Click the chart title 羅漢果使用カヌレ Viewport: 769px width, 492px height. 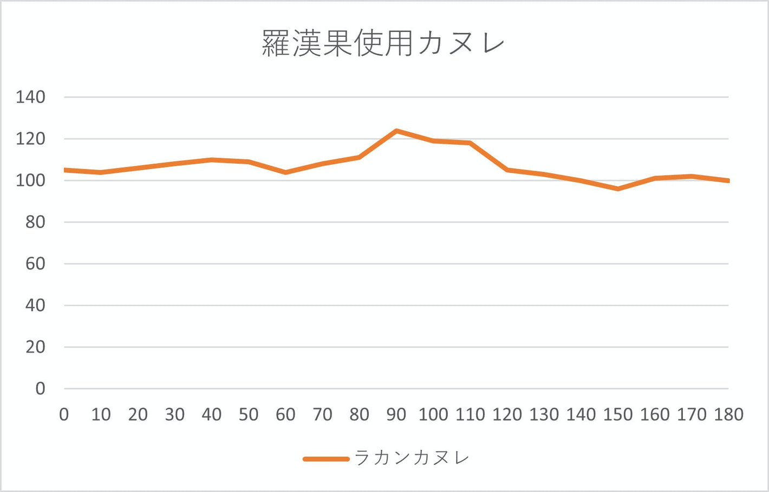click(x=383, y=43)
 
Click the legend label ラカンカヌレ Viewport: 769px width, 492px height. click(x=412, y=458)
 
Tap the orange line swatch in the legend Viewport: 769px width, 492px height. click(x=326, y=459)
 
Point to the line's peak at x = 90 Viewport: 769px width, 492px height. click(x=396, y=131)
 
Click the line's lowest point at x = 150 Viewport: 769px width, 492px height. click(x=618, y=189)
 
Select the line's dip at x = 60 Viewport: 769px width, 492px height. click(x=285, y=172)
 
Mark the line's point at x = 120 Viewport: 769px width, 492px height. click(x=507, y=170)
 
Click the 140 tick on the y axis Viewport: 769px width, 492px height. click(x=30, y=98)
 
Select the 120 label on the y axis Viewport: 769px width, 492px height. click(x=30, y=139)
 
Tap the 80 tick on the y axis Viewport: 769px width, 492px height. click(x=35, y=222)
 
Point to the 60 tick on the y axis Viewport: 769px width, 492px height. click(x=35, y=264)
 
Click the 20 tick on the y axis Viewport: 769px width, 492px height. click(x=35, y=347)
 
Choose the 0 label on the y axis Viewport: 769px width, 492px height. click(x=40, y=389)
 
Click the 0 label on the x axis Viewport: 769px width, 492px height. click(x=64, y=415)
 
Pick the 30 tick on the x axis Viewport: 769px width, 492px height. click(x=175, y=415)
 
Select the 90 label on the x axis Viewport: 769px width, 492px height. click(x=396, y=415)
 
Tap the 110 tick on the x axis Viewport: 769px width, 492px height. click(x=470, y=415)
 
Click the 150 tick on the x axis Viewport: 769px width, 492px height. click(x=618, y=415)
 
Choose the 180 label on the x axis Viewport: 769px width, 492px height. click(x=728, y=415)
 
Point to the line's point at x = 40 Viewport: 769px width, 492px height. click(x=212, y=160)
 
